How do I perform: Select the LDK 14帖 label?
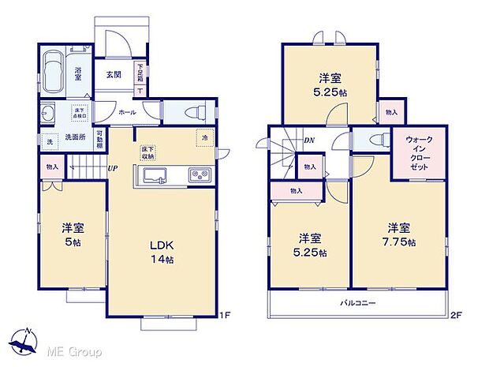tap(162, 252)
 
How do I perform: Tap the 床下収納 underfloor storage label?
tap(148, 152)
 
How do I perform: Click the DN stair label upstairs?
tap(310, 140)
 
